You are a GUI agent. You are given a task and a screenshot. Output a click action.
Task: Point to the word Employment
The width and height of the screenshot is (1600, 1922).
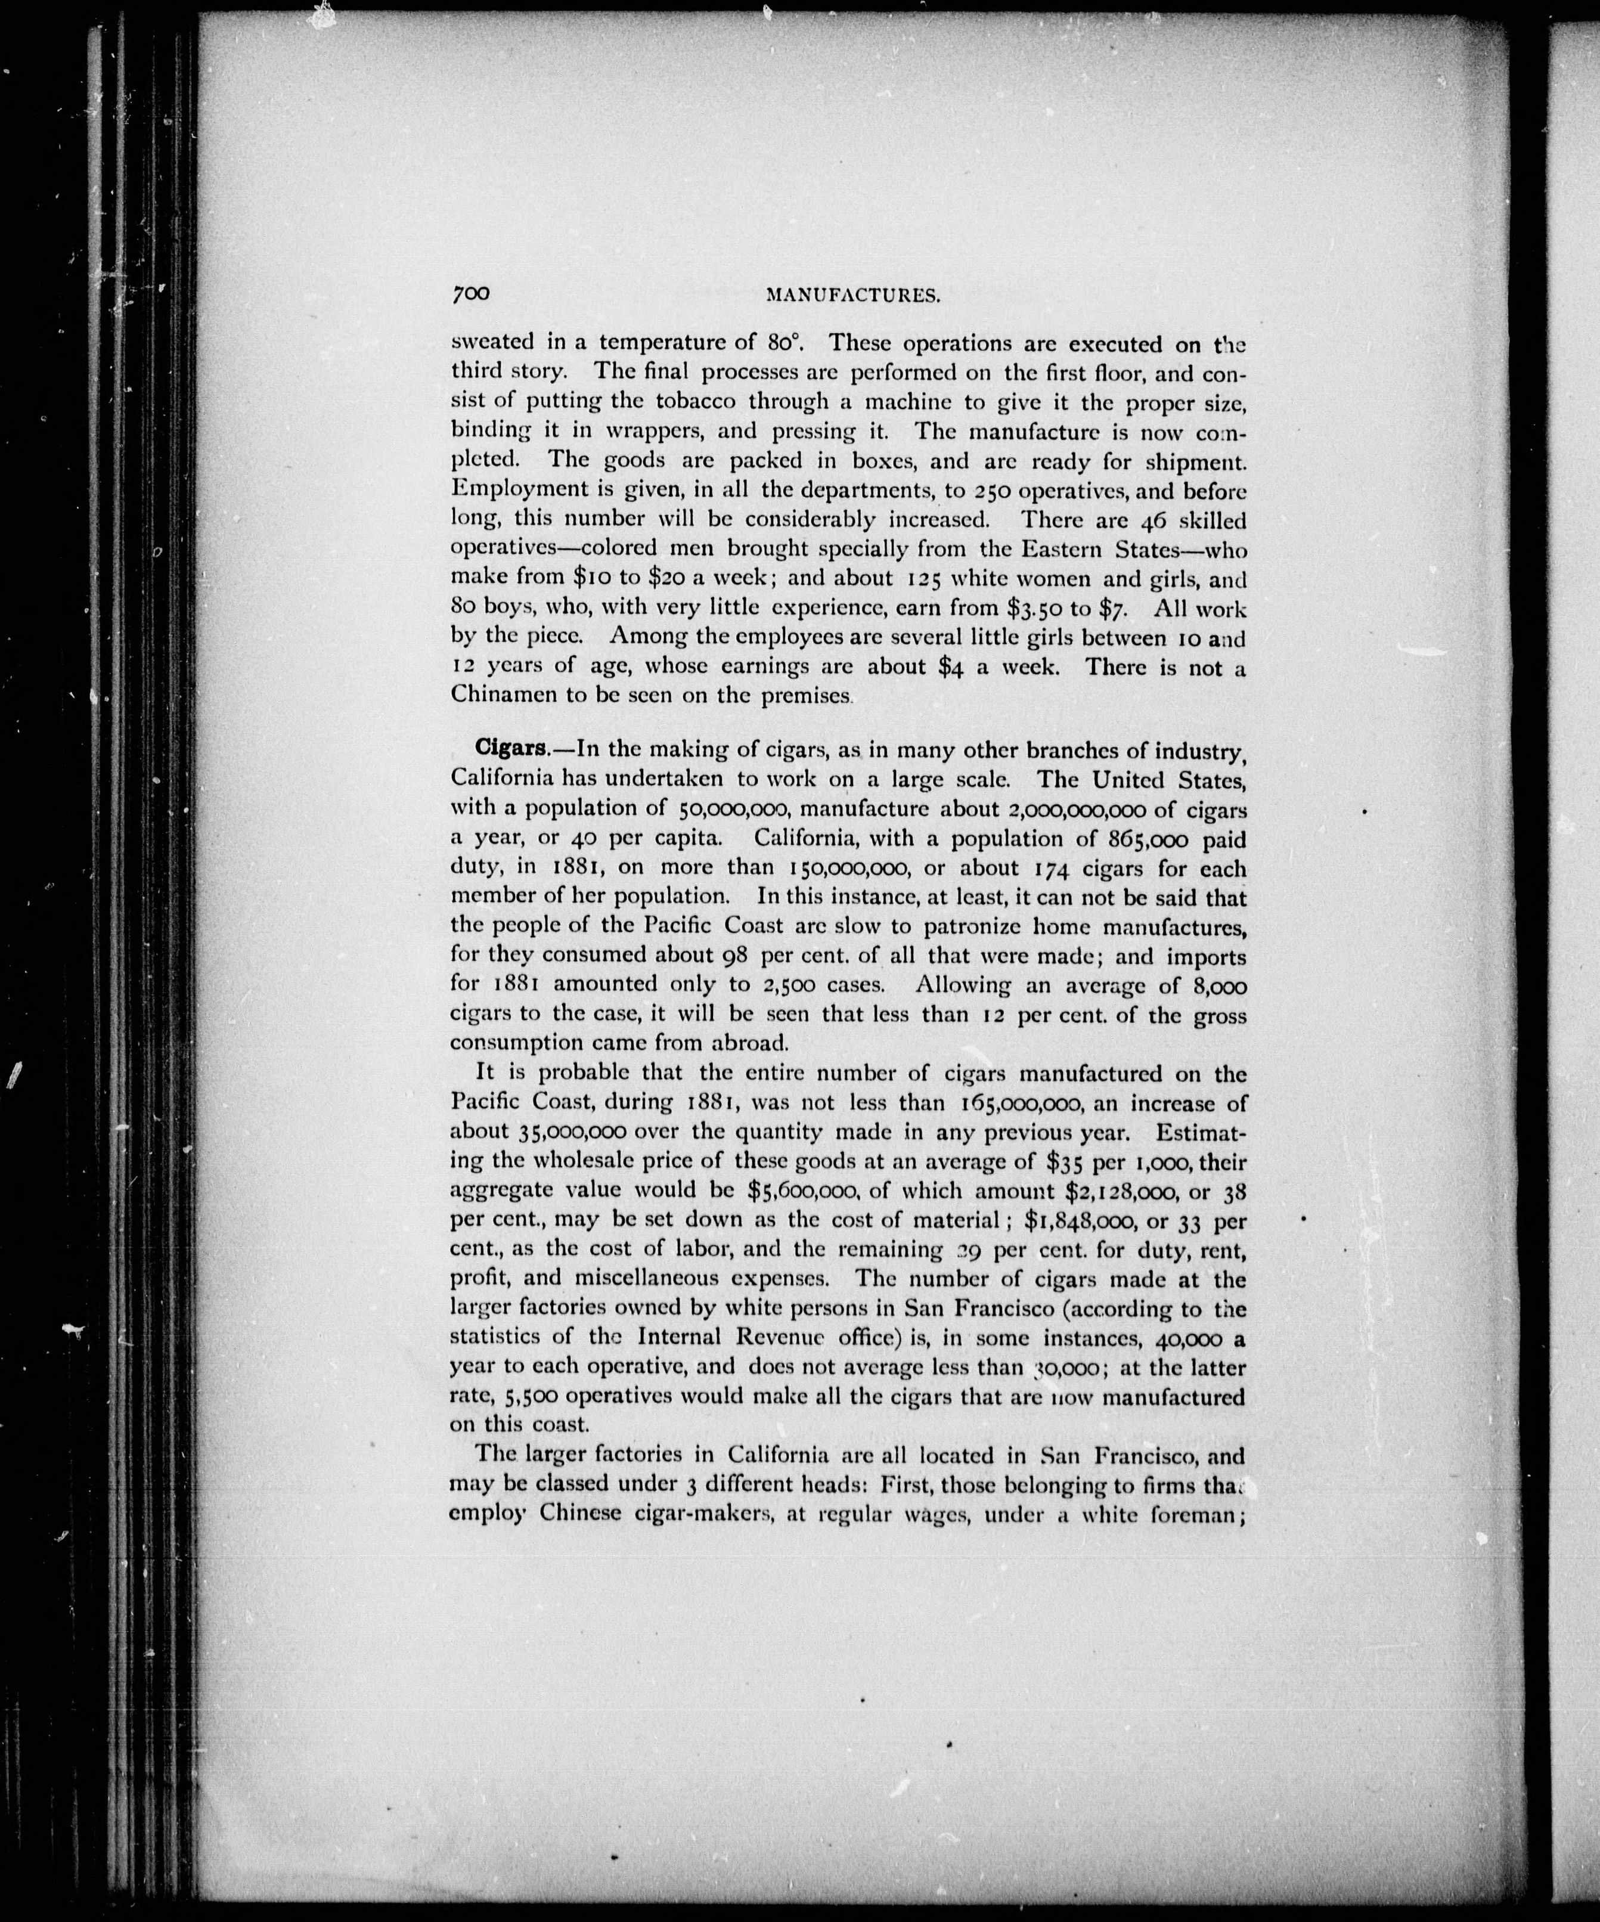521,491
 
